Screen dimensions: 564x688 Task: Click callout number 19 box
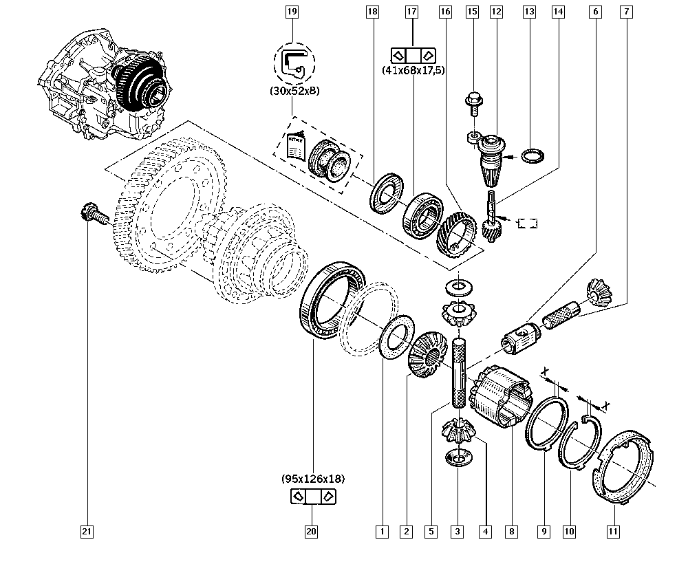(x=292, y=11)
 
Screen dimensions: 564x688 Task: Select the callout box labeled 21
(x=86, y=531)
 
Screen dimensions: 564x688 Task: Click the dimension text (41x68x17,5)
(x=413, y=70)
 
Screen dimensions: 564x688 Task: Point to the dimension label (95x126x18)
(x=312, y=479)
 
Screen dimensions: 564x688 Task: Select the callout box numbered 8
(x=511, y=531)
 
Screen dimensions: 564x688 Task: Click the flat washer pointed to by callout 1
(x=396, y=336)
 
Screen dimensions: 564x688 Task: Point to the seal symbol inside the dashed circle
(x=294, y=63)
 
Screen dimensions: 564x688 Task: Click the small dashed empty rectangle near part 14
(x=528, y=223)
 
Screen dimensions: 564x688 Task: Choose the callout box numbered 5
(x=430, y=531)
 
